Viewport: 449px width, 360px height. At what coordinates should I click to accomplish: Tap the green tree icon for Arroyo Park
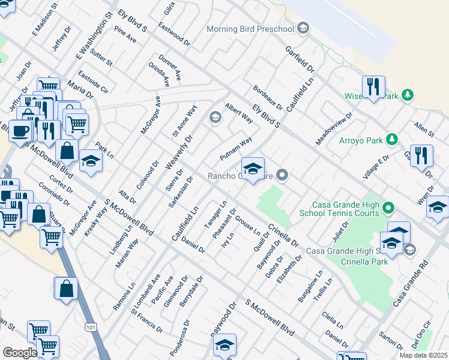point(392,140)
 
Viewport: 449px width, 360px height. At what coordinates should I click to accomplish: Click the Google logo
point(19,353)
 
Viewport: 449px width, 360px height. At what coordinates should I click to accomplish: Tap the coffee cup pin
point(20,130)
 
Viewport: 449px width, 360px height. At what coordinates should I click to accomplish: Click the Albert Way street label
point(238,112)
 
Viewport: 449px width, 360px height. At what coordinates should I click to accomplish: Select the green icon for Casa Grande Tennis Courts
point(388,209)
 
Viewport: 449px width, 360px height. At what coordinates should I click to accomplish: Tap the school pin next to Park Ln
point(91,161)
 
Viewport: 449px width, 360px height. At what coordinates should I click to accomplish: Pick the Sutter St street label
point(101,55)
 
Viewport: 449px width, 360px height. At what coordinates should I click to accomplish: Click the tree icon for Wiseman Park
point(408,95)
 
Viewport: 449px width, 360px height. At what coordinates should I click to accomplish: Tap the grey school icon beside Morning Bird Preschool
point(303,28)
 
